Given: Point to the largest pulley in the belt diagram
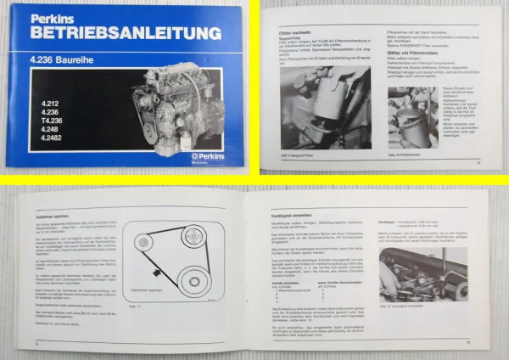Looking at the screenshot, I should pyautogui.click(x=170, y=300).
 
